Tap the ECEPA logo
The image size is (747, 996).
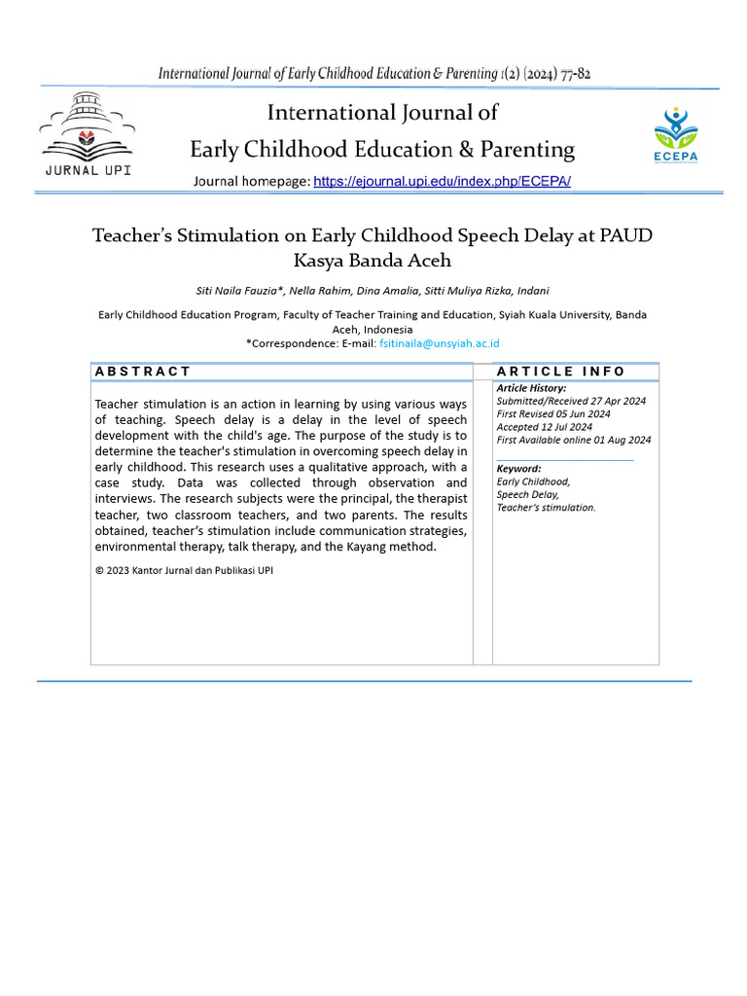(675, 134)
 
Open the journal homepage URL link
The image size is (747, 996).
(442, 182)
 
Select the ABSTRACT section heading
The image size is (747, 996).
(143, 372)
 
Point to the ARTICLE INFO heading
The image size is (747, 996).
(561, 372)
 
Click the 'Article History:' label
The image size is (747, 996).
(531, 388)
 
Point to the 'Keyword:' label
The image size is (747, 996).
(518, 469)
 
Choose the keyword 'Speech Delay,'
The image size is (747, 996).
(527, 494)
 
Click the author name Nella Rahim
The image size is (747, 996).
(314, 291)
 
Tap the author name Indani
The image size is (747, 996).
(533, 291)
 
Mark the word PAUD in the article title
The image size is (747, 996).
(629, 236)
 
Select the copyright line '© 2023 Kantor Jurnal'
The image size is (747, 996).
(184, 571)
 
